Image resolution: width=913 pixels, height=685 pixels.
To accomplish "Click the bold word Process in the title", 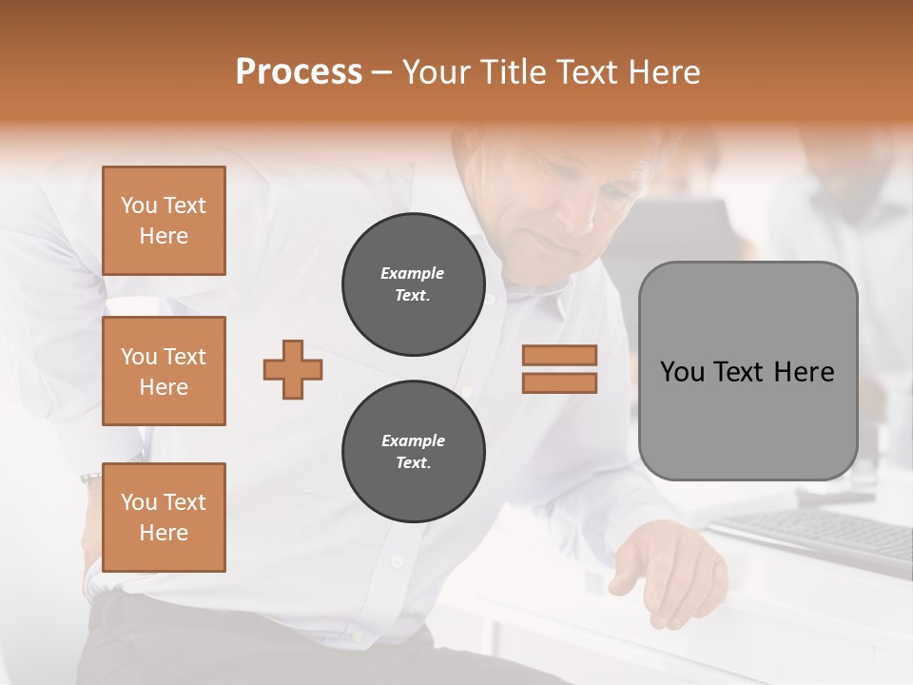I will pyautogui.click(x=299, y=72).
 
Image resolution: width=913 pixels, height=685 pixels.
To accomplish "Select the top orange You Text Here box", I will pyautogui.click(x=164, y=221).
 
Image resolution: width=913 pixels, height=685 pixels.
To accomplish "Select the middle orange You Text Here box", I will pyautogui.click(x=164, y=371).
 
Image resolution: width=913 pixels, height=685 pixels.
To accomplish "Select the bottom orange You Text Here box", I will pyautogui.click(x=164, y=518).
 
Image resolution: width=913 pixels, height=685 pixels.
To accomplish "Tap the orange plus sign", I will pyautogui.click(x=293, y=369).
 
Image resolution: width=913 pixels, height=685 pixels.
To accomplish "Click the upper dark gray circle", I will pyautogui.click(x=413, y=284).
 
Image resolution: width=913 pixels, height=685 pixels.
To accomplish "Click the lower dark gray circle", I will pyautogui.click(x=413, y=452).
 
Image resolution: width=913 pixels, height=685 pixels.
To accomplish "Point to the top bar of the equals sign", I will pyautogui.click(x=559, y=355).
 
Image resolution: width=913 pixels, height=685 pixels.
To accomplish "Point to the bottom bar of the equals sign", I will pyautogui.click(x=559, y=382).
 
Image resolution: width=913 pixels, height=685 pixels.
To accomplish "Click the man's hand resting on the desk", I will pyautogui.click(x=666, y=571).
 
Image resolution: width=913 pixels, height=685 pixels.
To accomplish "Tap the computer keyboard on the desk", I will pyautogui.click(x=818, y=533).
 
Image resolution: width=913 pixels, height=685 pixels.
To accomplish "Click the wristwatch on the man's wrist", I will pyautogui.click(x=91, y=478).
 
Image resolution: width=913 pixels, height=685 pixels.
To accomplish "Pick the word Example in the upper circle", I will pyautogui.click(x=413, y=273).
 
